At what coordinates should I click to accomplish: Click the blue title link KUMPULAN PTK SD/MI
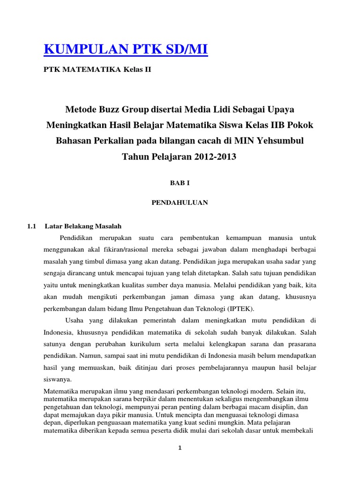point(125,49)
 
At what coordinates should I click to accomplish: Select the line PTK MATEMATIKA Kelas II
point(97,70)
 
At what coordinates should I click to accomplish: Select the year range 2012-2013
point(213,157)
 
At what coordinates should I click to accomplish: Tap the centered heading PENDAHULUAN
point(180,202)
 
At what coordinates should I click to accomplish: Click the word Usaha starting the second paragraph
point(75,320)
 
